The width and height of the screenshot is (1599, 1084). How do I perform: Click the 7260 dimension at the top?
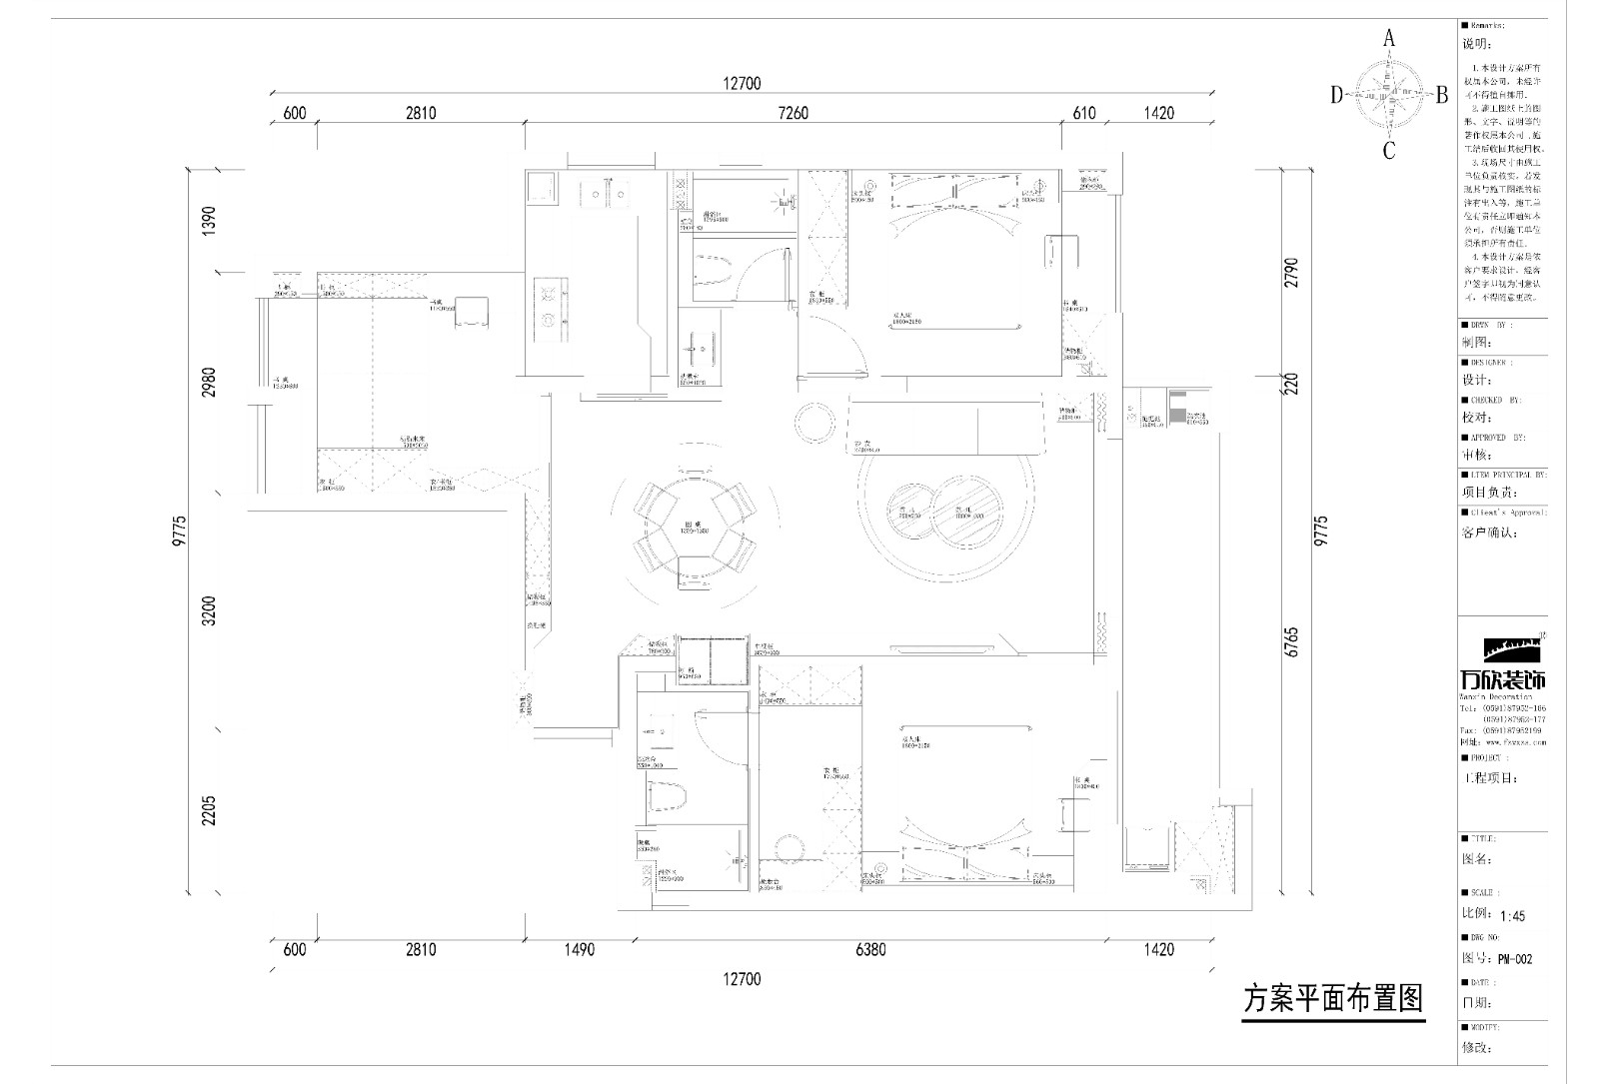(793, 113)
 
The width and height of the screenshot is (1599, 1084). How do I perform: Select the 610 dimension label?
(1084, 113)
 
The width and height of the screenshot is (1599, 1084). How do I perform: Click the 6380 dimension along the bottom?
(870, 949)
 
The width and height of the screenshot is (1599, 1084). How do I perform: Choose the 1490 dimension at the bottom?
(579, 949)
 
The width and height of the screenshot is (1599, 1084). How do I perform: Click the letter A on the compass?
(1388, 39)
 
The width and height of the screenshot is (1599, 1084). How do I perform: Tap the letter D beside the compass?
(1336, 95)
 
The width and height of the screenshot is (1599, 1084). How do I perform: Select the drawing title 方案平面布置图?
(1332, 998)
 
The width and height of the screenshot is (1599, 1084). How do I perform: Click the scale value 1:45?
(1512, 915)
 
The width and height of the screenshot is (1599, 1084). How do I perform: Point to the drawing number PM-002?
(1515, 959)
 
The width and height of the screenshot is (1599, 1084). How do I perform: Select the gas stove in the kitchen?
(549, 307)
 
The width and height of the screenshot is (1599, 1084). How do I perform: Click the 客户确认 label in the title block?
(1490, 533)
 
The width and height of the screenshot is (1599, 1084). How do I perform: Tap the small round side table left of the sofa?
(816, 424)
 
